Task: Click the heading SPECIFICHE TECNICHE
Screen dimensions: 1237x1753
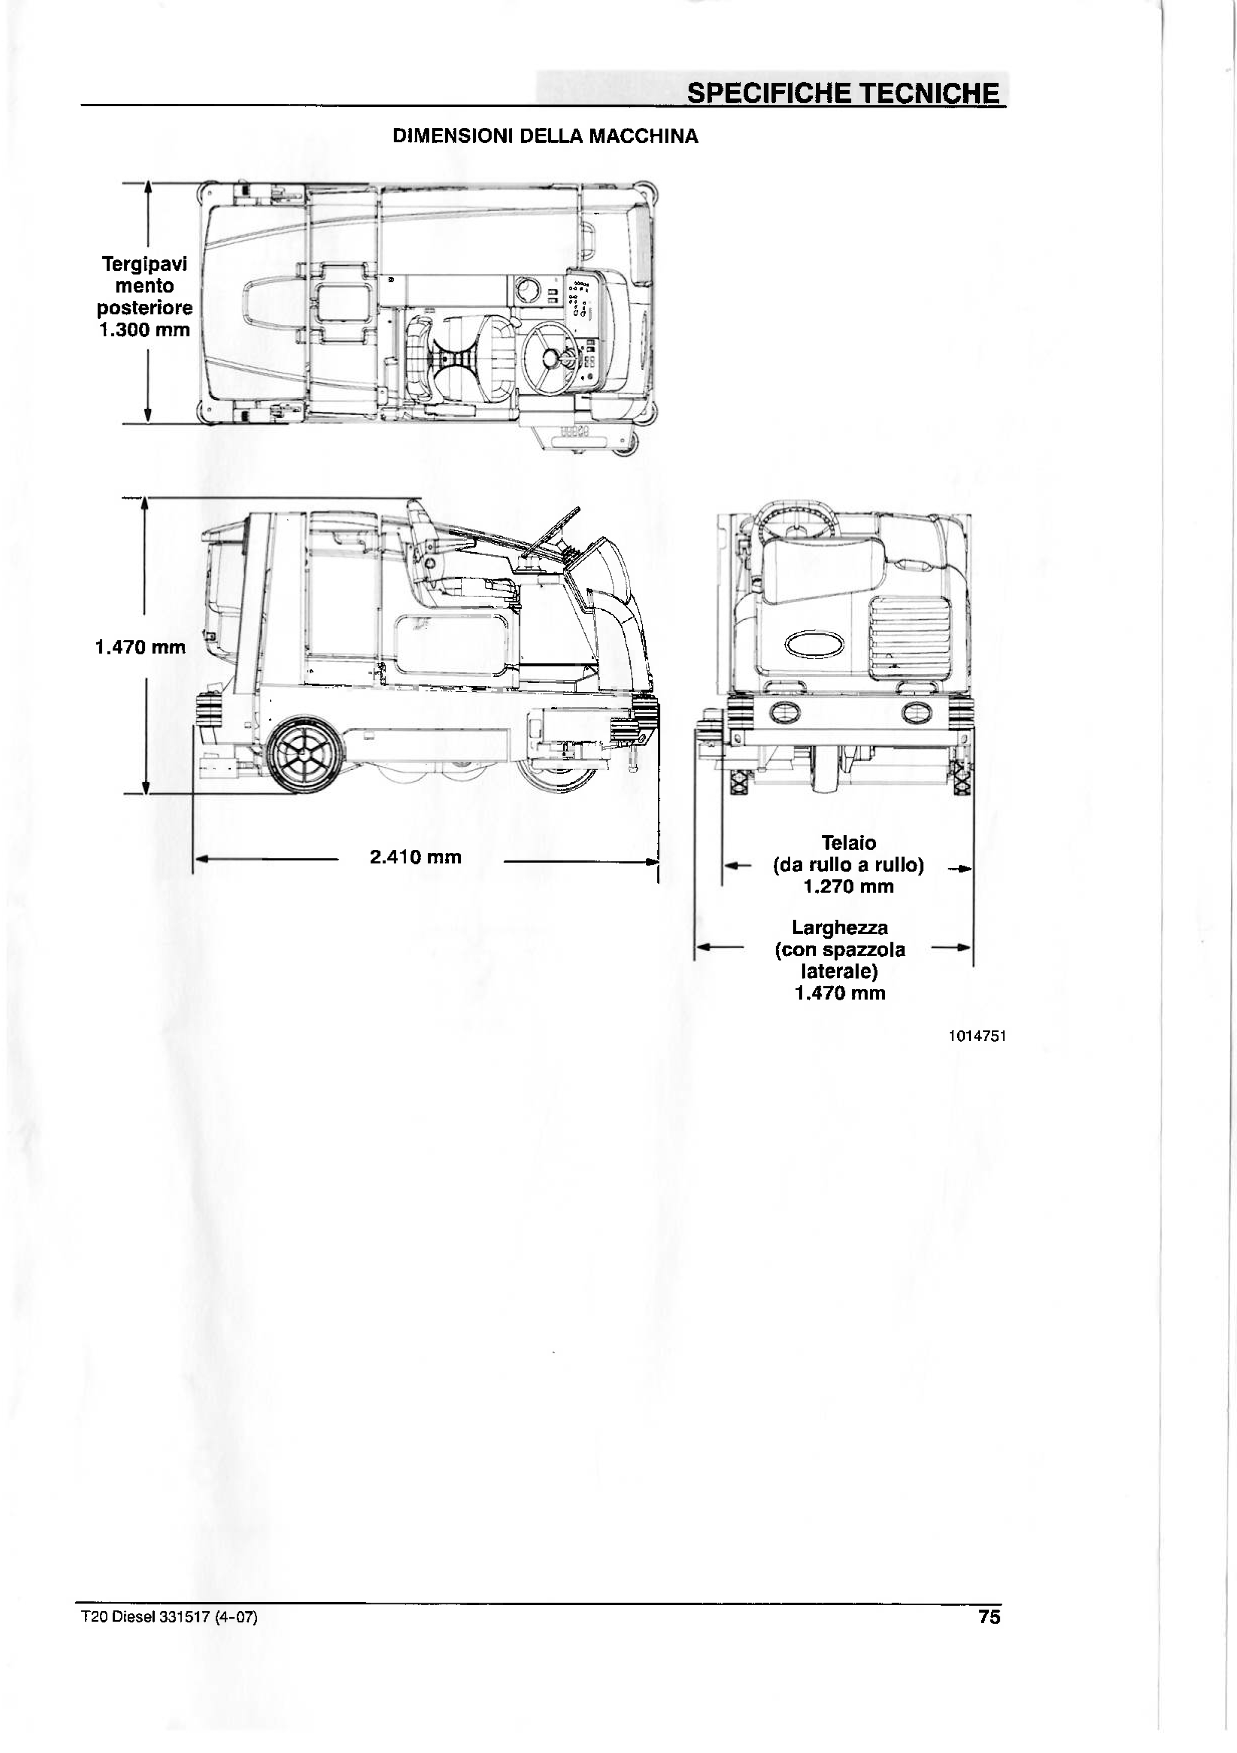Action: click(843, 93)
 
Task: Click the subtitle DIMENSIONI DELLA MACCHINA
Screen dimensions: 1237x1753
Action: click(545, 137)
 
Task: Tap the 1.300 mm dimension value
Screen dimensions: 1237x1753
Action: click(144, 330)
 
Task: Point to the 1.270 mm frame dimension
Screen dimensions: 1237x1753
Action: click(848, 887)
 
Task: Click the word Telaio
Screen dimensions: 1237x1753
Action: click(848, 843)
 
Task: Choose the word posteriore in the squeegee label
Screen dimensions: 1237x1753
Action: click(144, 308)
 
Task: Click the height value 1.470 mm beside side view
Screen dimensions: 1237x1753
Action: click(140, 647)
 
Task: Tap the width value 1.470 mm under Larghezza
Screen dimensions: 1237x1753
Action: click(840, 993)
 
